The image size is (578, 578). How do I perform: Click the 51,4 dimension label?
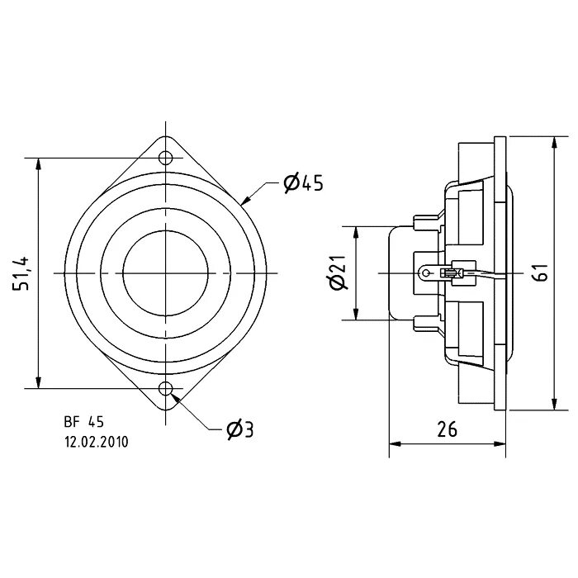(21, 273)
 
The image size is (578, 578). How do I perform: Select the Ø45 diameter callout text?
(303, 183)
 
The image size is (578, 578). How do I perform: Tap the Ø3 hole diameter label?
(240, 429)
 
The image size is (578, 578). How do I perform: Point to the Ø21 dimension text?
(337, 272)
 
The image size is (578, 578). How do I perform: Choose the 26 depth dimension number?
(448, 429)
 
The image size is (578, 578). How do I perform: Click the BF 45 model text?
(84, 422)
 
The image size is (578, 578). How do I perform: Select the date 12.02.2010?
(97, 442)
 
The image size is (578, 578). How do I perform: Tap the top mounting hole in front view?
(166, 159)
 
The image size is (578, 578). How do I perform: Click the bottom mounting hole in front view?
(166, 388)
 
